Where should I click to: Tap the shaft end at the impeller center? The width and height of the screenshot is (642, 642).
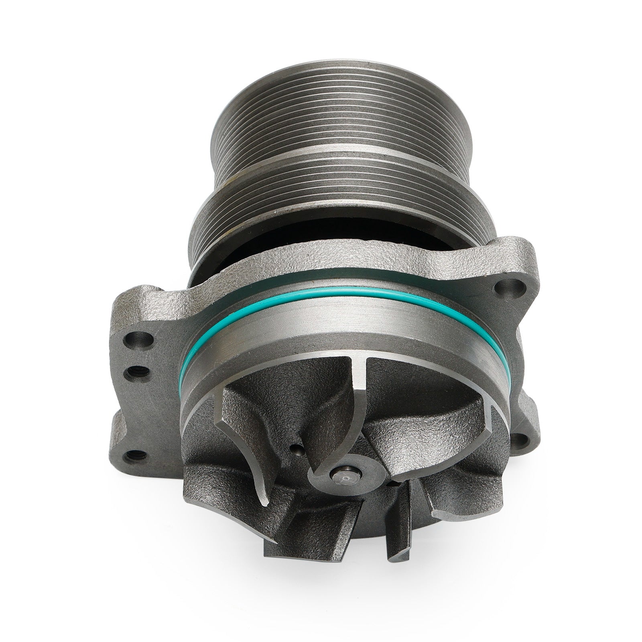coord(343,478)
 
